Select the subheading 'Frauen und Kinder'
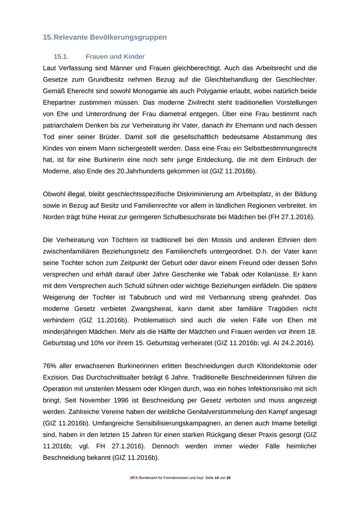(x=115, y=57)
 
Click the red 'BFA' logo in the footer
(x=134, y=478)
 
